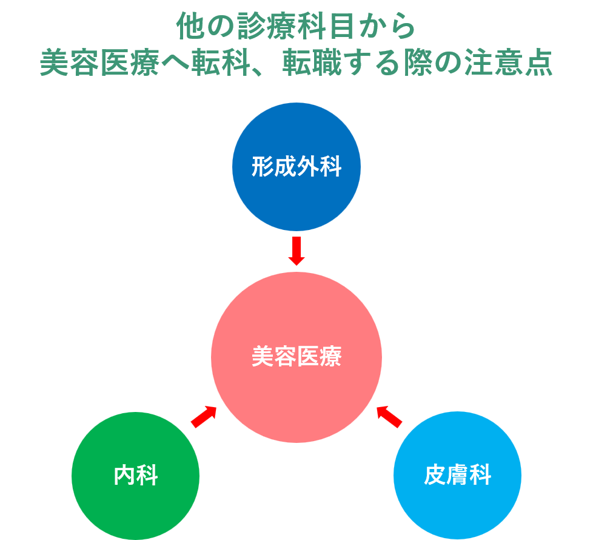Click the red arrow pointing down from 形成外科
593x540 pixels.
tap(296, 251)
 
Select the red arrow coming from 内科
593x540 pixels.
tap(204, 416)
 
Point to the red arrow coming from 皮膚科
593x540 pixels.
tap(389, 416)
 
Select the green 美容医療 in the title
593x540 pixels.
tap(99, 62)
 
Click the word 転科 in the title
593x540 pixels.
tap(220, 62)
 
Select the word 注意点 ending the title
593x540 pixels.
tap(508, 62)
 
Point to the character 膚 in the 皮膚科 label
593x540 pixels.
tap(457, 476)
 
